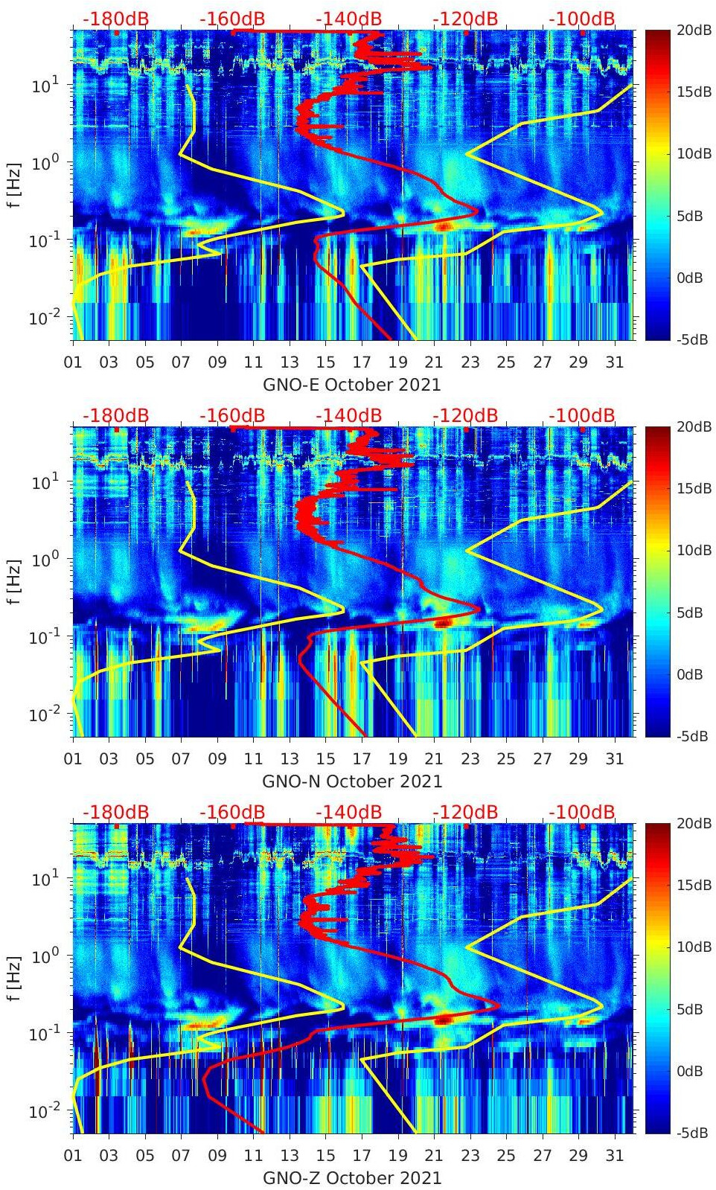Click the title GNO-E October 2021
tap(351, 385)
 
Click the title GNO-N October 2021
tap(352, 781)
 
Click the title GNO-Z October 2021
tap(352, 1178)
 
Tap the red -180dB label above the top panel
tap(115, 19)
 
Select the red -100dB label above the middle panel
tap(582, 415)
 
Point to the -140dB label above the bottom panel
tap(348, 812)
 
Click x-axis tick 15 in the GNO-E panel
tap(325, 362)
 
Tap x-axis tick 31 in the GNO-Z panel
tap(614, 1156)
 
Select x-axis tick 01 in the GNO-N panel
tap(73, 759)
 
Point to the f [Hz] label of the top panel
tap(14, 185)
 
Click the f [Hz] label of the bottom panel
tap(14, 979)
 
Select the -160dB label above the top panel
tap(232, 19)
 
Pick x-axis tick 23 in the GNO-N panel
tap(470, 759)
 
